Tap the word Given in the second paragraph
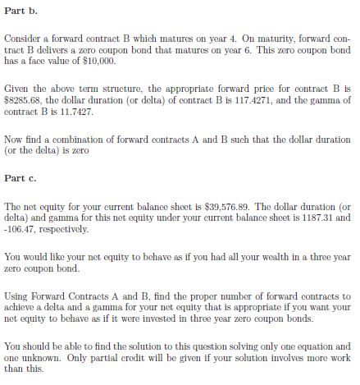click(18, 86)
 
